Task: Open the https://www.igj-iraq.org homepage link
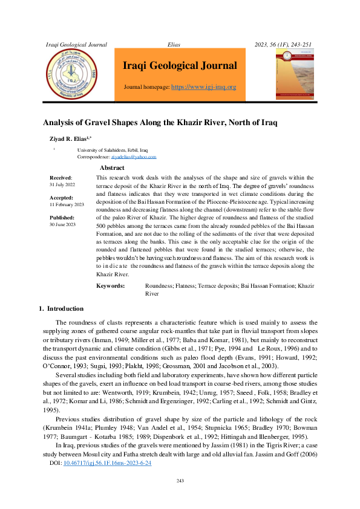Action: coord(204,87)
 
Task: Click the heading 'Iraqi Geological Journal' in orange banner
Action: coord(180,65)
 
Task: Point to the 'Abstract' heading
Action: coord(112,167)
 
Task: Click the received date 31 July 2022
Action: coord(62,184)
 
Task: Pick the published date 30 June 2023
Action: coord(62,224)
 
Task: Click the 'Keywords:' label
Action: coord(111,286)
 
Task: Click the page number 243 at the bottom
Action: coord(180,498)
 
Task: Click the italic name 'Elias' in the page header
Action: coord(174,45)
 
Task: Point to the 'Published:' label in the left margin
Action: coord(62,218)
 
